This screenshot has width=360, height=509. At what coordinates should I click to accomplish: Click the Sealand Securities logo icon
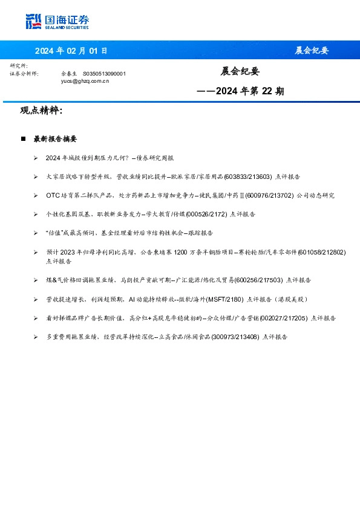click(33, 21)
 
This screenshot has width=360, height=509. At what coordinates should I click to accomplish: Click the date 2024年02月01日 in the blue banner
click(71, 51)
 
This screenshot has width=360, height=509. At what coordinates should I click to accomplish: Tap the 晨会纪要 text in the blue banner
click(312, 51)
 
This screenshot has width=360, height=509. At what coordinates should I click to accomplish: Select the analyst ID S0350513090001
click(104, 73)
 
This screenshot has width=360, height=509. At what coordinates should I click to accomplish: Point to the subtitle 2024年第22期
click(241, 92)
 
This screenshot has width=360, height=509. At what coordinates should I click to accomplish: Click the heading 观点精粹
click(41, 111)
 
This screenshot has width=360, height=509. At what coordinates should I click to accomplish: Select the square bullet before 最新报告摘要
click(23, 139)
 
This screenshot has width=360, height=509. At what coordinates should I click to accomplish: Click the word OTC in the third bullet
click(51, 195)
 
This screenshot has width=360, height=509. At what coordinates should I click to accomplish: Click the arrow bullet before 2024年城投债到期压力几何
click(36, 158)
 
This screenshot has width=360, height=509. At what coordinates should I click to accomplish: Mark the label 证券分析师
click(24, 73)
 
